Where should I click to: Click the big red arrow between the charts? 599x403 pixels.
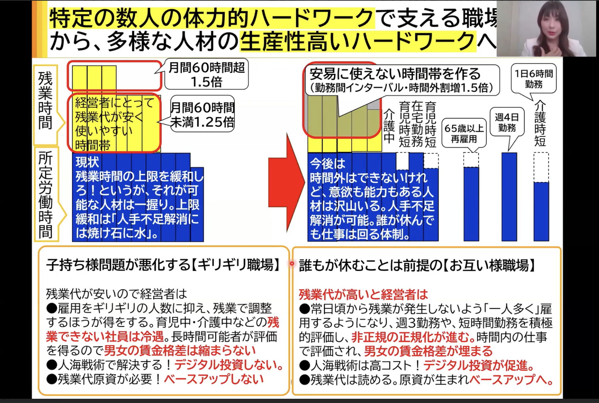click(285, 182)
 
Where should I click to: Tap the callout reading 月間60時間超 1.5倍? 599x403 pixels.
click(207, 74)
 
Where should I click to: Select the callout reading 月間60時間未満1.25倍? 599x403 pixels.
click(202, 114)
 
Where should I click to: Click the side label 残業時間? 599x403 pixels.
click(45, 101)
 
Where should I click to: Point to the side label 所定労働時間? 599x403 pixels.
click(46, 195)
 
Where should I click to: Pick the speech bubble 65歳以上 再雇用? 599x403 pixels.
click(464, 133)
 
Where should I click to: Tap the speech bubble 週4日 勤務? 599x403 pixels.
click(507, 122)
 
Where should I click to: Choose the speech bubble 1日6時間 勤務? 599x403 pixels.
click(533, 79)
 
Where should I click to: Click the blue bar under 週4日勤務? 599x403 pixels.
click(509, 197)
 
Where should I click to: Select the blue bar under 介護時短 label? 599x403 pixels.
click(541, 211)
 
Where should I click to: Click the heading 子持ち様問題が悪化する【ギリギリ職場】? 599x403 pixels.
click(163, 265)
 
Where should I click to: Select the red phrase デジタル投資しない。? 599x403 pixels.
click(229, 365)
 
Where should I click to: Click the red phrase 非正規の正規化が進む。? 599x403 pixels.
click(413, 337)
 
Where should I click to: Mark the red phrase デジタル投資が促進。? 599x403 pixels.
click(479, 365)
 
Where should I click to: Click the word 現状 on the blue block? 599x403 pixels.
click(87, 162)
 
